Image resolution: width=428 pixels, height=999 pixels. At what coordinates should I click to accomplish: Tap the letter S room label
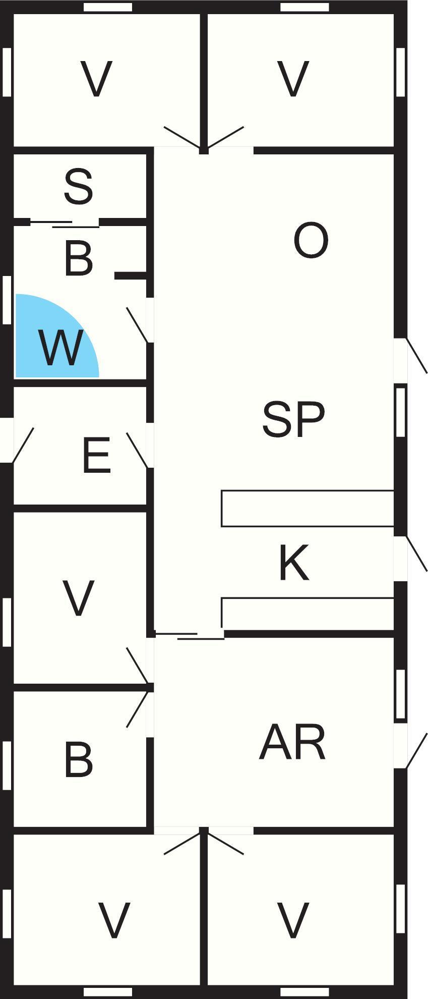(x=79, y=187)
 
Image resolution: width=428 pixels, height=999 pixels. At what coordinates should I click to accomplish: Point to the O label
(x=311, y=241)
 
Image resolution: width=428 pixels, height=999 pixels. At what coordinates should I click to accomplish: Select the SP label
(x=293, y=419)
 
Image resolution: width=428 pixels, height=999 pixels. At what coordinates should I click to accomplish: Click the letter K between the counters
(x=293, y=563)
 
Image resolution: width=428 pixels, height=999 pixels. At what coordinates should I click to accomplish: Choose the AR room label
(x=292, y=742)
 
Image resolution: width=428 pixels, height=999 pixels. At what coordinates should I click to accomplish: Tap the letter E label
(x=96, y=456)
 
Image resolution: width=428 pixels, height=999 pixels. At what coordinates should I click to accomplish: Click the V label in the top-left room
(x=96, y=79)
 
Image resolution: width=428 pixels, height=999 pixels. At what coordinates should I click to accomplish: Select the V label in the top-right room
(x=293, y=79)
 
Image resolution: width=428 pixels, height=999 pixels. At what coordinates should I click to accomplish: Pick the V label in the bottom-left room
(x=114, y=921)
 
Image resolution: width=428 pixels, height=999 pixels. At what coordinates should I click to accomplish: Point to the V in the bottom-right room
(x=293, y=921)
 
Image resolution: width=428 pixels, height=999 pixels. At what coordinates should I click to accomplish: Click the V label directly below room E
(x=79, y=598)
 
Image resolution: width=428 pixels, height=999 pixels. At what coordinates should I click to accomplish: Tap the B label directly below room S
(x=79, y=259)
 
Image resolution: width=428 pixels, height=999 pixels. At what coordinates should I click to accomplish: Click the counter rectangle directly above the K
(x=308, y=509)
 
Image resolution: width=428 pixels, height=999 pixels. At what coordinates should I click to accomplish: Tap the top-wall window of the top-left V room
(x=108, y=7)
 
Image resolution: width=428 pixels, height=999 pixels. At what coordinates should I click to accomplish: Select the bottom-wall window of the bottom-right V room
(x=304, y=992)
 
